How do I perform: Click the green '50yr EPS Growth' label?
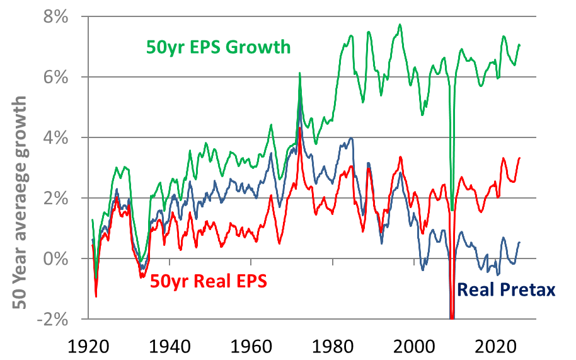click(218, 47)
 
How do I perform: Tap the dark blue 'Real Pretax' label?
click(506, 290)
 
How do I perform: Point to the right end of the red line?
click(519, 158)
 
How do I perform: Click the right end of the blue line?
click(519, 242)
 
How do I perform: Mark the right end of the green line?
click(519, 45)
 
